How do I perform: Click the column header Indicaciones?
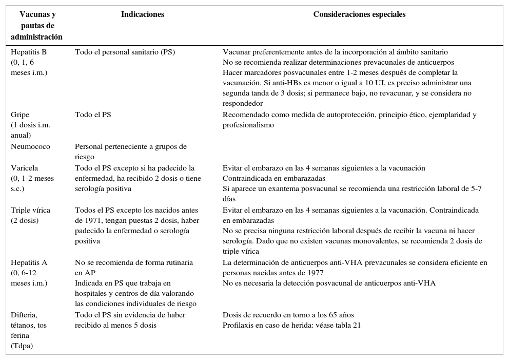point(142,15)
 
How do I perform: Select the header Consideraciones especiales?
point(359,15)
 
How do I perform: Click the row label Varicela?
point(25,168)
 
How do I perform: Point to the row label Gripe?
point(21,115)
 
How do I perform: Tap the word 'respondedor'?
point(242,104)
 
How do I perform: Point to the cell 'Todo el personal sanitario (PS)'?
point(125,52)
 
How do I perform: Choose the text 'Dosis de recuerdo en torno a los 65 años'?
point(288,315)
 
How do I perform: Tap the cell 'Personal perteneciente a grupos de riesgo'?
point(130,152)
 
